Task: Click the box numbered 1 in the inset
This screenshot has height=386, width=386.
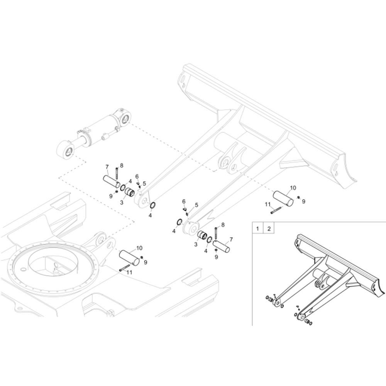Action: [x=257, y=228]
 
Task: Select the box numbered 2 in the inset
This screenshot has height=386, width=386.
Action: [x=269, y=228]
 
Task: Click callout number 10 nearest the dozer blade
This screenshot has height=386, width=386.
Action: [x=293, y=188]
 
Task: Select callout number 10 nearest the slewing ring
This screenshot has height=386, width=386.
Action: [x=139, y=248]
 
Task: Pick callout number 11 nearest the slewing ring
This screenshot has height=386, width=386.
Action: [x=129, y=272]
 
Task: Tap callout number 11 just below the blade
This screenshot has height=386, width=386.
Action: [x=267, y=204]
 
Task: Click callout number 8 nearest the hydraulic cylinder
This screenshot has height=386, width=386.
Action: [x=122, y=165]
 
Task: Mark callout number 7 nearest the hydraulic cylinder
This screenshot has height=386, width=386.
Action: [x=107, y=167]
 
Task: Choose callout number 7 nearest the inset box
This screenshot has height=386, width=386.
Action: [x=231, y=239]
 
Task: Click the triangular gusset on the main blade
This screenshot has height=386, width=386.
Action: [x=292, y=164]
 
